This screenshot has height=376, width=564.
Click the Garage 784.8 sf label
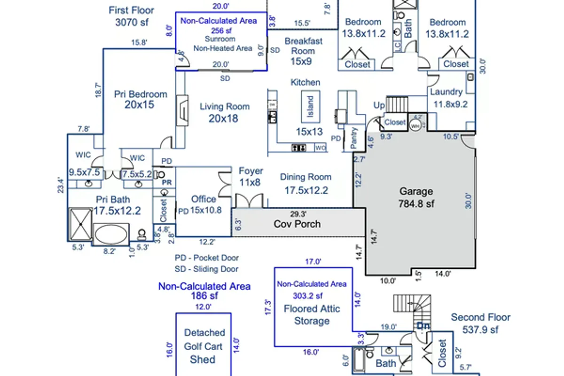click(x=416, y=197)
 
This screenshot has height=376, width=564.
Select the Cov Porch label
click(x=297, y=224)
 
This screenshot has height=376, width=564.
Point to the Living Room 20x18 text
click(x=224, y=112)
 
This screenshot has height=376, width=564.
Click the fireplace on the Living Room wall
click(x=182, y=110)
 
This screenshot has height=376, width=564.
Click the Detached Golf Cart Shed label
click(x=203, y=346)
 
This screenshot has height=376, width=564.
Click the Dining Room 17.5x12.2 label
click(x=305, y=183)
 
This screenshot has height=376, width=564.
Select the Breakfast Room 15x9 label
click(x=303, y=51)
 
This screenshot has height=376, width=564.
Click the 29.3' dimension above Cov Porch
click(x=298, y=212)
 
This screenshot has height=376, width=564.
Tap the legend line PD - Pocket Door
click(x=207, y=258)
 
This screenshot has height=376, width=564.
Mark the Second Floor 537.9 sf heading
click(x=480, y=323)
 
